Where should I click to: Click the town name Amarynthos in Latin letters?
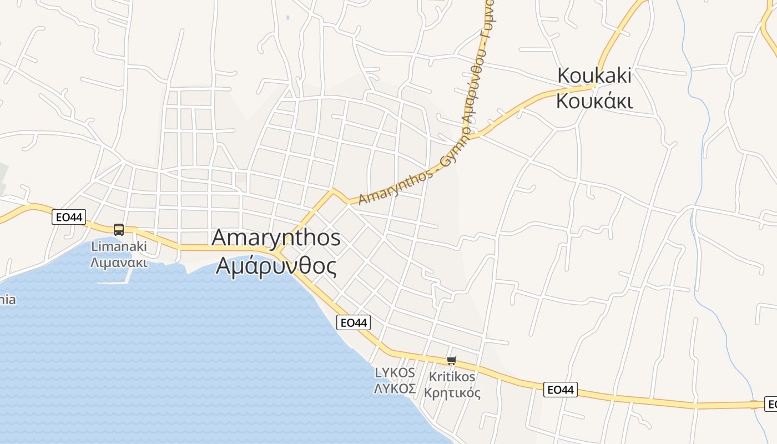point(276,238)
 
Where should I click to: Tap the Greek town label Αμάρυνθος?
point(276,266)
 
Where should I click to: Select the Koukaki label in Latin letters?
point(594,75)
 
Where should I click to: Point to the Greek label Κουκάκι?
point(594,102)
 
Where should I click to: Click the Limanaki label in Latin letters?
point(119,246)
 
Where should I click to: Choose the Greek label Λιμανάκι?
point(119,262)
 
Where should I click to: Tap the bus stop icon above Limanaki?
point(118,229)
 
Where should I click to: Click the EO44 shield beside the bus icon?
point(69,217)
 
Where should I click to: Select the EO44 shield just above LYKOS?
point(354,322)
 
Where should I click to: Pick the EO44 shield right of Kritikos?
point(560,390)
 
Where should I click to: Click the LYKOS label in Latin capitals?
point(395,372)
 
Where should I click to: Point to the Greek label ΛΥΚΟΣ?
point(395,389)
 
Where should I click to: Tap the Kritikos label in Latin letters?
point(452,377)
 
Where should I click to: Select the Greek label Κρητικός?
point(452,393)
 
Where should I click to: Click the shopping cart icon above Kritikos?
point(452,361)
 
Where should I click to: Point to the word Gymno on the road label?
point(454,148)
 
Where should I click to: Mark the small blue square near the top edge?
point(287,18)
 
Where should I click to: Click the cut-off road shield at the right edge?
point(771,404)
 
